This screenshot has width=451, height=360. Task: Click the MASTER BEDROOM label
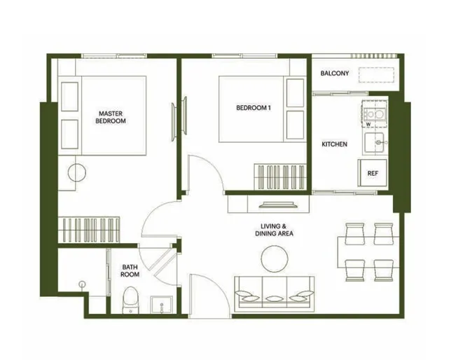click(x=111, y=117)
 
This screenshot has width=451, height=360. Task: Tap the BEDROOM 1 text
click(x=254, y=108)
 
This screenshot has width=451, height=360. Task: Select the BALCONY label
click(x=335, y=74)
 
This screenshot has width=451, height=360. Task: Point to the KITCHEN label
click(x=334, y=144)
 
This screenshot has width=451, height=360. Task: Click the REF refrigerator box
click(x=372, y=173)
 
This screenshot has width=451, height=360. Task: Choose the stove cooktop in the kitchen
click(x=374, y=113)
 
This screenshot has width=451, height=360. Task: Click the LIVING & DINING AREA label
click(x=274, y=230)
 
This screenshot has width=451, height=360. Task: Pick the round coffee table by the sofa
click(x=275, y=258)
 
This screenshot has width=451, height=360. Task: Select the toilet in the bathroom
click(x=130, y=300)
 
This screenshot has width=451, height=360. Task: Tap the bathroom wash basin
click(x=161, y=305)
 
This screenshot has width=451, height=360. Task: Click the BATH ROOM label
click(x=130, y=271)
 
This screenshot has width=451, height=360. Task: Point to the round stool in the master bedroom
click(x=77, y=173)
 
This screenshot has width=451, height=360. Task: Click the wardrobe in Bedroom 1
click(x=280, y=177)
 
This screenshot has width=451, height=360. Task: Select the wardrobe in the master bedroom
click(x=89, y=230)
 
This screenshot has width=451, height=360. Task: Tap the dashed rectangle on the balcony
click(x=376, y=75)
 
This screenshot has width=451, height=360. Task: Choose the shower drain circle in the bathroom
click(x=82, y=284)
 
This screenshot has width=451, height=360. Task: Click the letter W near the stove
click(x=368, y=124)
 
